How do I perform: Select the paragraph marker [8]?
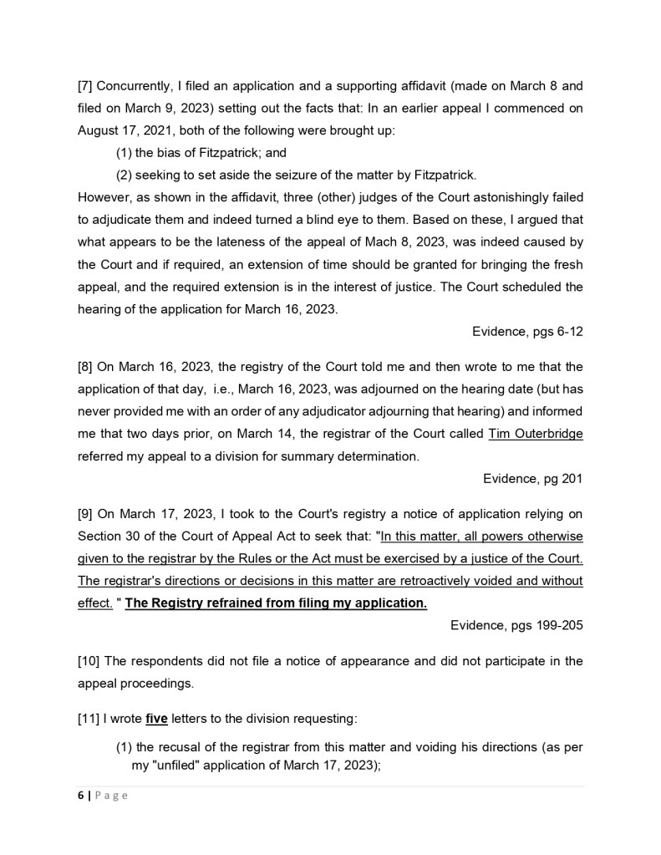point(86,366)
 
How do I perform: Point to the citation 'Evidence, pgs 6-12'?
point(527,332)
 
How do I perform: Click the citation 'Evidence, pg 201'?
point(532,478)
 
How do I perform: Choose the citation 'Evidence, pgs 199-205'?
point(516,624)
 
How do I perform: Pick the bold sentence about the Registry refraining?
point(276,603)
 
